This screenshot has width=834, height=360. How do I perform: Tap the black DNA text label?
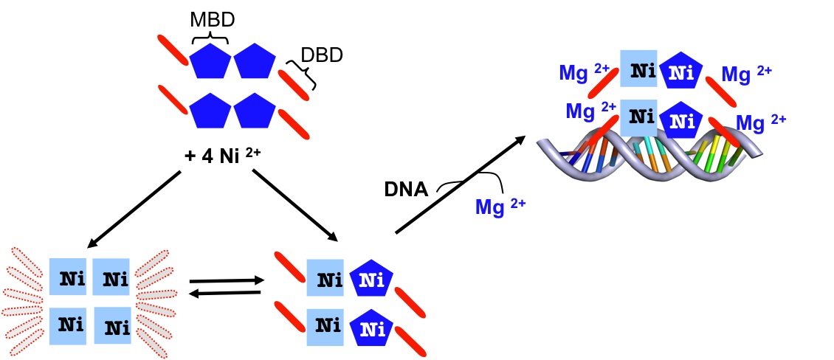[405, 190]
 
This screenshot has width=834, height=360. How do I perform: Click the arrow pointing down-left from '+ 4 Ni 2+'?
[135, 210]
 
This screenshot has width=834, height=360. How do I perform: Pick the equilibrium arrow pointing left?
[225, 293]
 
